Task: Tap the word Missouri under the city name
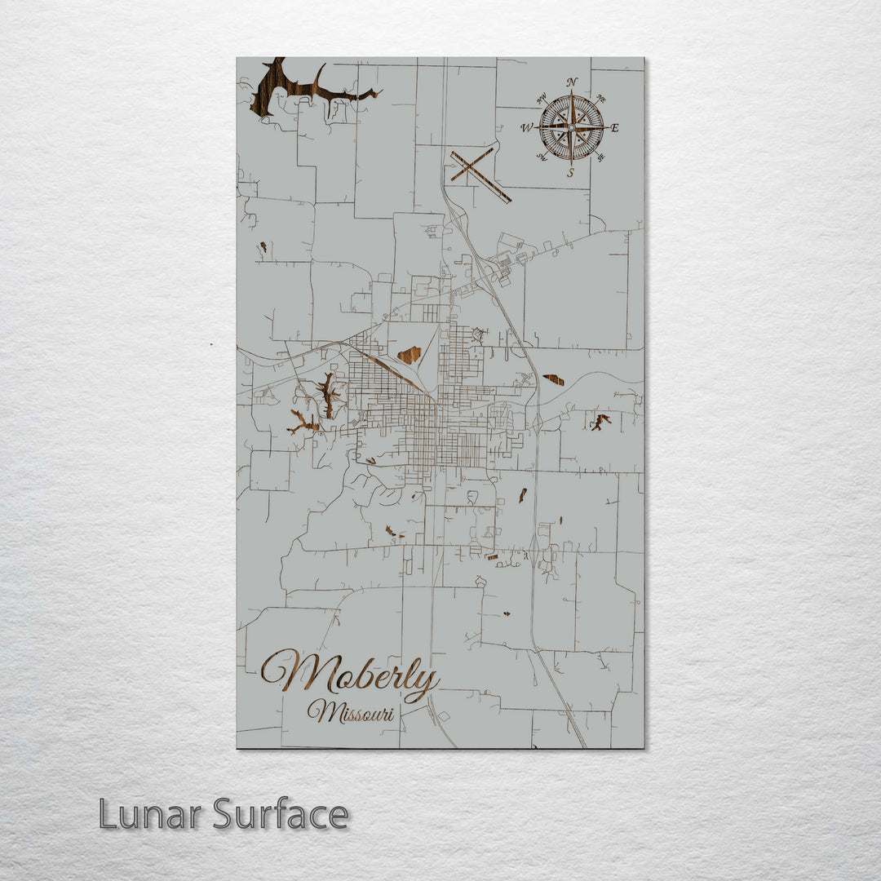click(351, 713)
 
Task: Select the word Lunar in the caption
click(149, 814)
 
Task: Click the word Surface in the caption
click(281, 814)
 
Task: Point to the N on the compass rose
click(572, 82)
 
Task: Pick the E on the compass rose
click(614, 128)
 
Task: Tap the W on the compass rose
click(527, 128)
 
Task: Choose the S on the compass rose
click(571, 173)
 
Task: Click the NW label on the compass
click(541, 99)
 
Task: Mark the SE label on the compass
click(601, 157)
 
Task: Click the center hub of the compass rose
click(571, 128)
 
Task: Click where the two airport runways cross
click(472, 167)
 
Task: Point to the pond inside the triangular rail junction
click(409, 355)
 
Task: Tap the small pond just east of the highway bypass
click(553, 379)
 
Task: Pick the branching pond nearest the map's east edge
click(600, 422)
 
